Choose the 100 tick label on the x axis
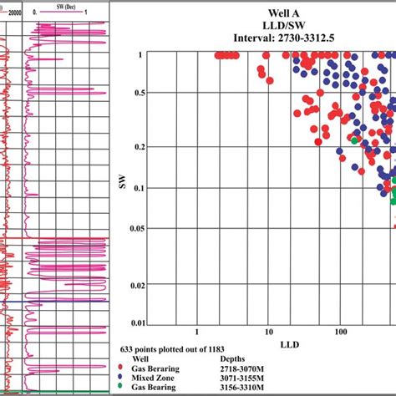[x=339, y=332]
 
